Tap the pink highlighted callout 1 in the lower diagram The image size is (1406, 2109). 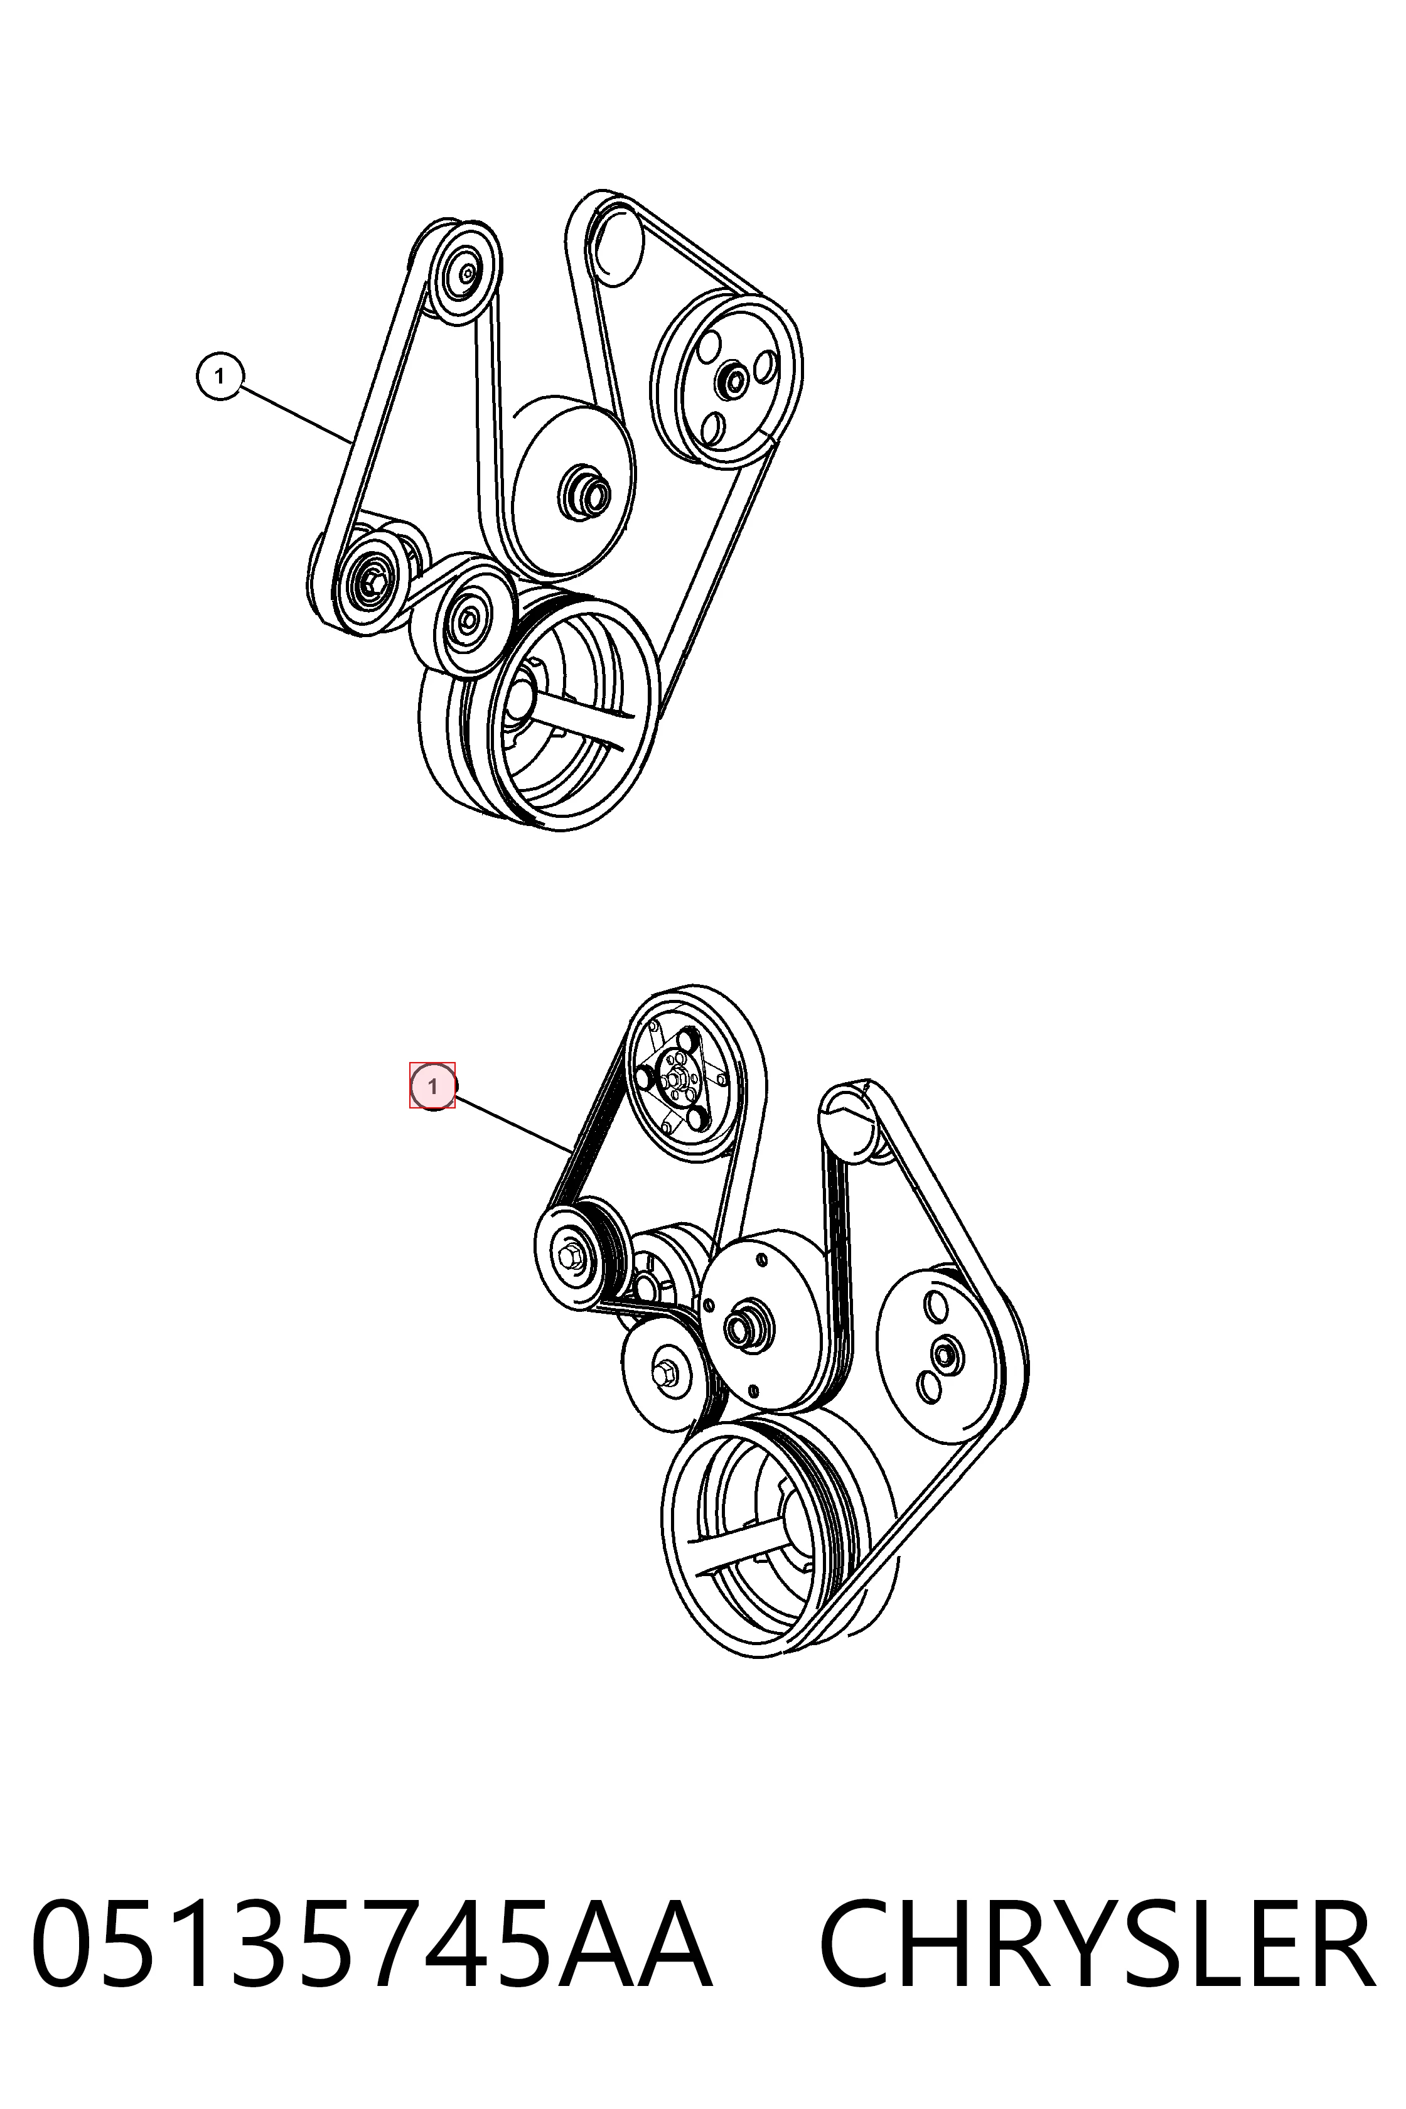click(x=433, y=1087)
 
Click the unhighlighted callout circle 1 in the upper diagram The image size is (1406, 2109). click(x=220, y=377)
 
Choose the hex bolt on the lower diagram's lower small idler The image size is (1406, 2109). click(x=666, y=1372)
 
